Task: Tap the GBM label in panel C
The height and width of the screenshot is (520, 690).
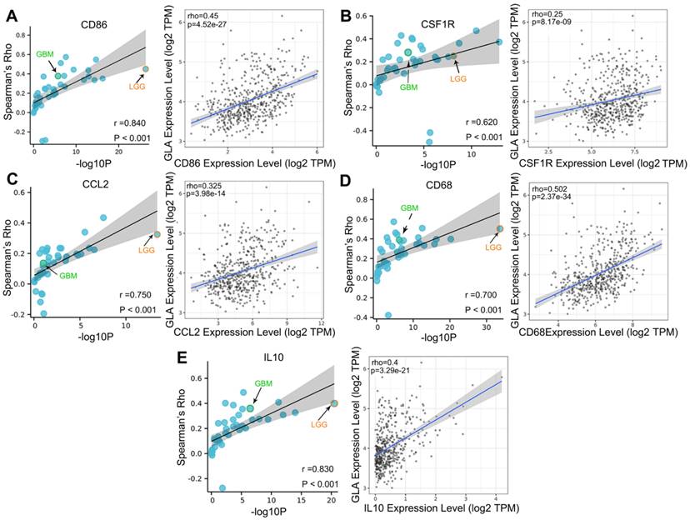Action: click(67, 276)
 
